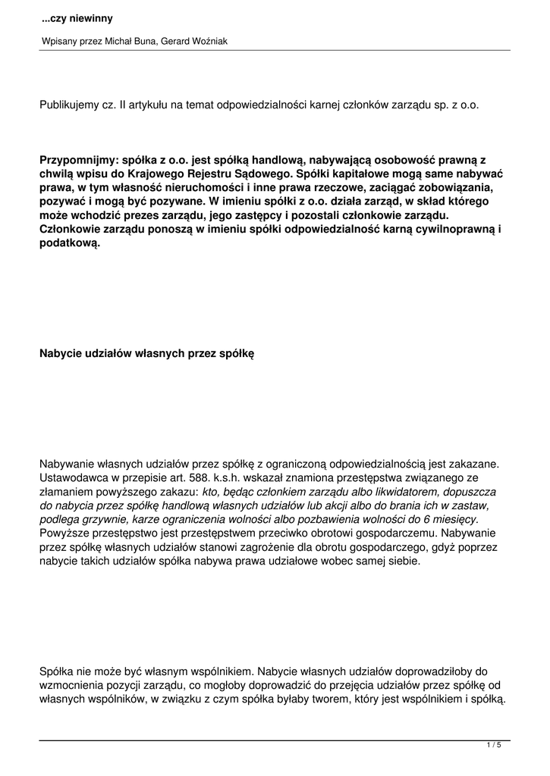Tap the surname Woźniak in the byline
click(x=206, y=42)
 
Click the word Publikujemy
click(x=68, y=105)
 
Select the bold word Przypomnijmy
click(x=74, y=161)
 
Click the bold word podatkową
click(x=70, y=246)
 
